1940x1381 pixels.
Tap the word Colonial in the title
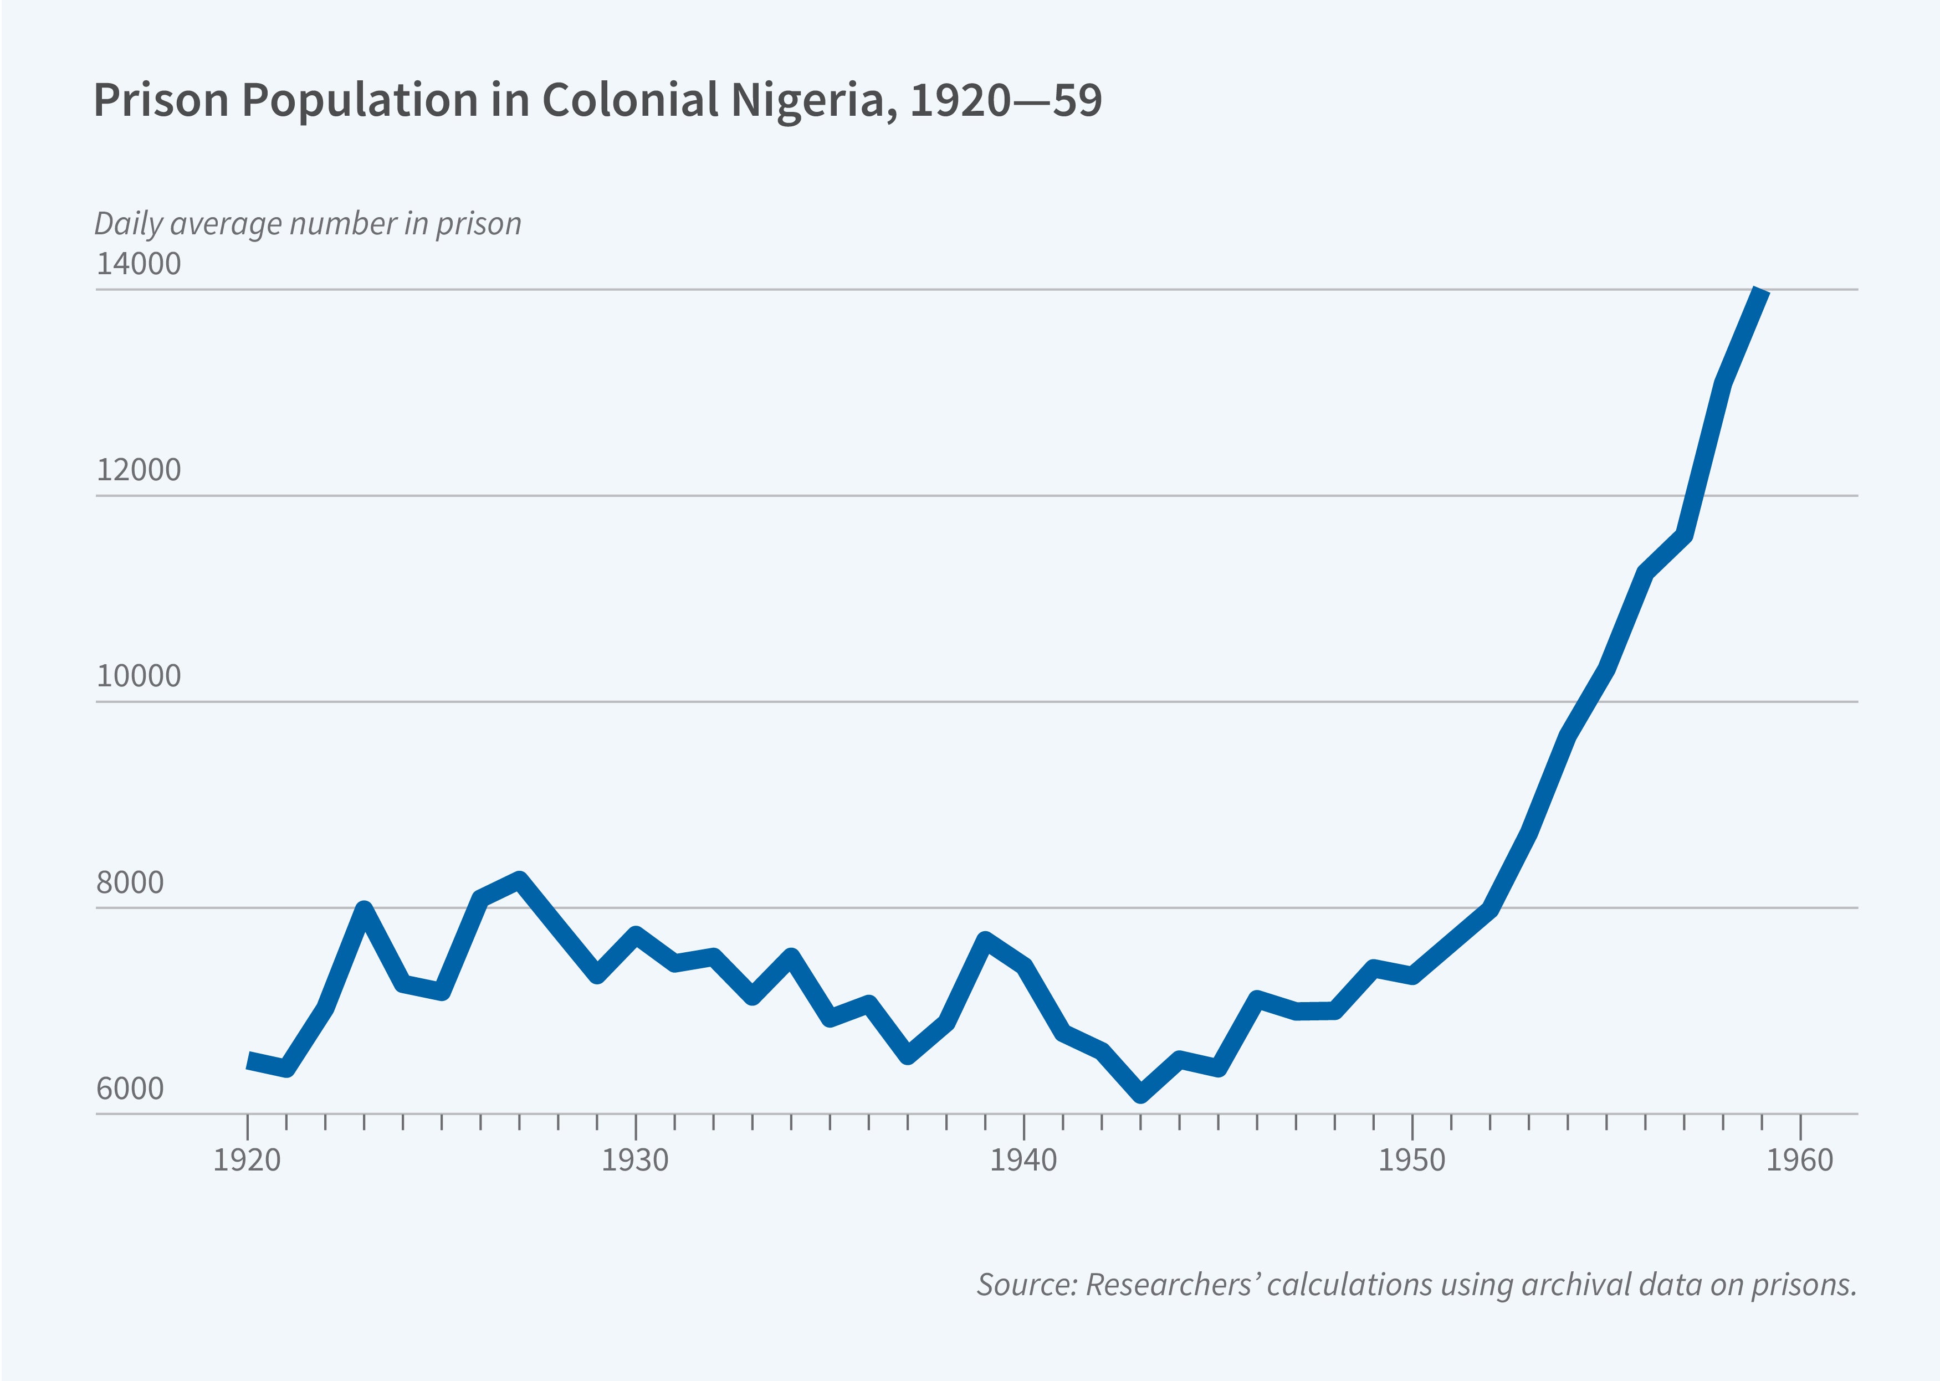pyautogui.click(x=630, y=100)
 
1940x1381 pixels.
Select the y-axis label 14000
pyautogui.click(x=139, y=264)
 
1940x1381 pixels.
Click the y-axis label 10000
pyautogui.click(x=139, y=676)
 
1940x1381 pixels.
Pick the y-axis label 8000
pyautogui.click(x=130, y=882)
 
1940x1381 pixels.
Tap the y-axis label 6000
pyautogui.click(x=130, y=1089)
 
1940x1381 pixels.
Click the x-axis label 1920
pyautogui.click(x=247, y=1160)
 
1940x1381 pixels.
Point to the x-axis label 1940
pyautogui.click(x=1023, y=1160)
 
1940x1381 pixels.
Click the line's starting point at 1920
pyautogui.click(x=248, y=1060)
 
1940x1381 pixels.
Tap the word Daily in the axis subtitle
pyautogui.click(x=127, y=224)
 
